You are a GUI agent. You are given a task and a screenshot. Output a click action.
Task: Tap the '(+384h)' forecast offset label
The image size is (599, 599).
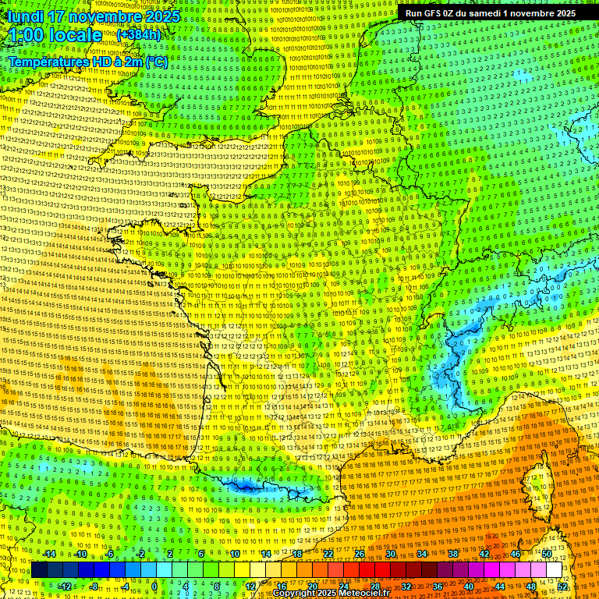tap(138, 35)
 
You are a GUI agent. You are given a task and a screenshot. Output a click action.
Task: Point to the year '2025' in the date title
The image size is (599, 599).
tap(161, 16)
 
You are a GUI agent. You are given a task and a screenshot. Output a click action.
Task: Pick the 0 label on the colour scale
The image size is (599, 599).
tap(154, 587)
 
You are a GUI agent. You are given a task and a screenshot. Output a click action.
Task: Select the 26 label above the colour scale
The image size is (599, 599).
tap(360, 554)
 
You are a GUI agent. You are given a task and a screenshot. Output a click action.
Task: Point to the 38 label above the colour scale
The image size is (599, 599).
tap(453, 554)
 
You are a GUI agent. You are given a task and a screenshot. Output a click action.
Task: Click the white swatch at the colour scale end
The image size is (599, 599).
tap(555, 570)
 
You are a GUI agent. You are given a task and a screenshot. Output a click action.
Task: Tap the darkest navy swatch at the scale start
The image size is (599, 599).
tap(39, 570)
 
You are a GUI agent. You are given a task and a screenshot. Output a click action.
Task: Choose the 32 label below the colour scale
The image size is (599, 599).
tap(406, 587)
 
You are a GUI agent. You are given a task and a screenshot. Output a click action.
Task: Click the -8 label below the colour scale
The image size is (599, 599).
tap(94, 587)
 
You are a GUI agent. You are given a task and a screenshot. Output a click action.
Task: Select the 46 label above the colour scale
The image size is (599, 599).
tap(516, 554)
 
